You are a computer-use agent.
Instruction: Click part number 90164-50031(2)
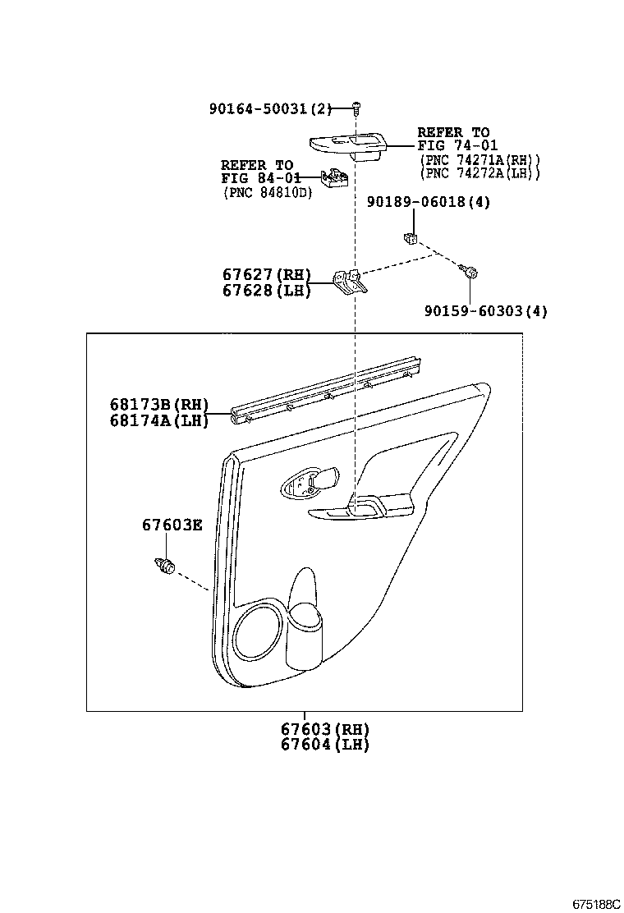tap(270, 108)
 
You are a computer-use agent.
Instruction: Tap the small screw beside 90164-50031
tap(356, 108)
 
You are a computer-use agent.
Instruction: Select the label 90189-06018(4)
tap(429, 202)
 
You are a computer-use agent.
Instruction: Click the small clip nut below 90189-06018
tap(411, 238)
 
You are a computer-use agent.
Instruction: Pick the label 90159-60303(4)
tap(486, 311)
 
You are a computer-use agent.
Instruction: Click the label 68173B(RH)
tap(159, 405)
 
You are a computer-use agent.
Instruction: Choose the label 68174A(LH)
tap(159, 420)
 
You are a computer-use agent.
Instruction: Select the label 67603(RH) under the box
tap(324, 729)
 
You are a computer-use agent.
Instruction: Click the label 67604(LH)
tap(324, 745)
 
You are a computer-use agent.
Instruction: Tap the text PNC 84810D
tap(267, 193)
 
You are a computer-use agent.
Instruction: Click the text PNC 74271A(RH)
tap(480, 160)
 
